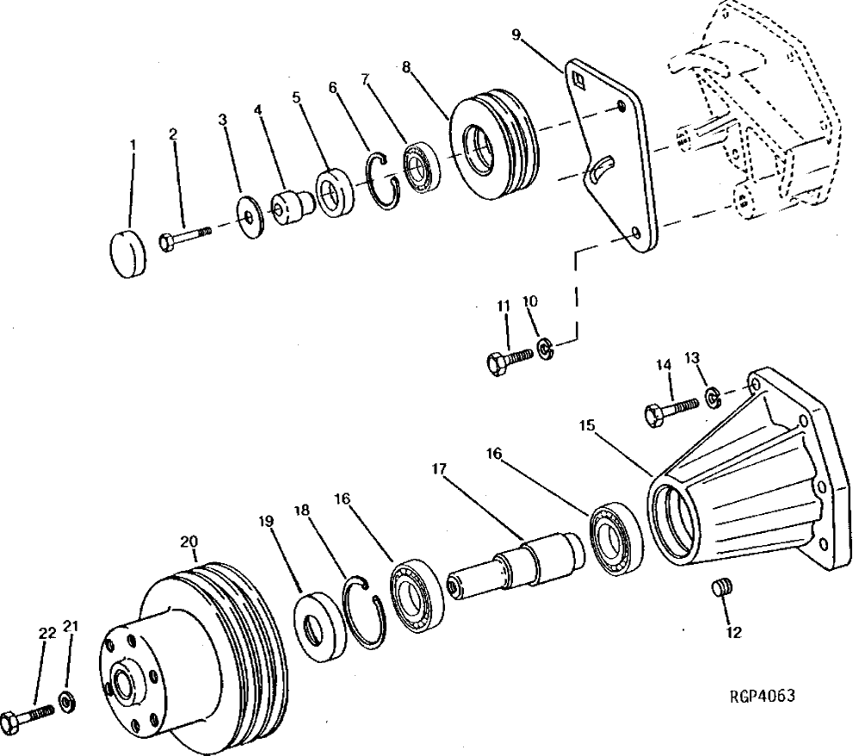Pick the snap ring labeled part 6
tap(381, 182)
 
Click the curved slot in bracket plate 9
tap(602, 167)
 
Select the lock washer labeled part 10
tap(545, 348)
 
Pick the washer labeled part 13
tap(714, 397)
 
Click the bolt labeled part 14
tap(667, 411)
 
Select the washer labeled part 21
tap(66, 697)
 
